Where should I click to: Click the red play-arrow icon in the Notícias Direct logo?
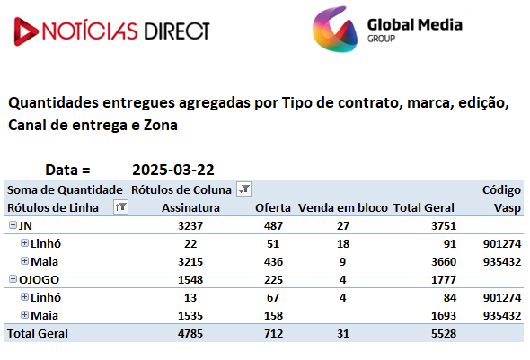point(25,31)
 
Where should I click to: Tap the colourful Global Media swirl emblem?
point(335,30)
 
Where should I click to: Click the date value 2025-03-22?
point(173,170)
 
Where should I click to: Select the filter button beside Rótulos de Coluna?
point(243,189)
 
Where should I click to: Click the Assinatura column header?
point(190,207)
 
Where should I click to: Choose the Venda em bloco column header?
point(343,207)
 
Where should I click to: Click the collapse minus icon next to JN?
point(13,225)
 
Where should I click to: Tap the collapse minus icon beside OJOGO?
point(13,279)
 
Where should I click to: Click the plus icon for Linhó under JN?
point(24,242)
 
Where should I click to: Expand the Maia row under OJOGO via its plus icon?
point(24,315)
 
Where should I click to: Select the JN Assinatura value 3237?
point(190,225)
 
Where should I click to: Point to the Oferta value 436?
point(273,262)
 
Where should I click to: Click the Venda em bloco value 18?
point(343,244)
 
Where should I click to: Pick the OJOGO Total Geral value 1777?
point(444,279)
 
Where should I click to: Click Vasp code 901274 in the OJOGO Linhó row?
point(502,297)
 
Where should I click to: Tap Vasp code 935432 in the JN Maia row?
point(502,262)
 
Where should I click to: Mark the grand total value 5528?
point(444,334)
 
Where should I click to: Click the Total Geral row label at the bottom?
point(38,334)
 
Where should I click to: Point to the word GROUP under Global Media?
point(381,39)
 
